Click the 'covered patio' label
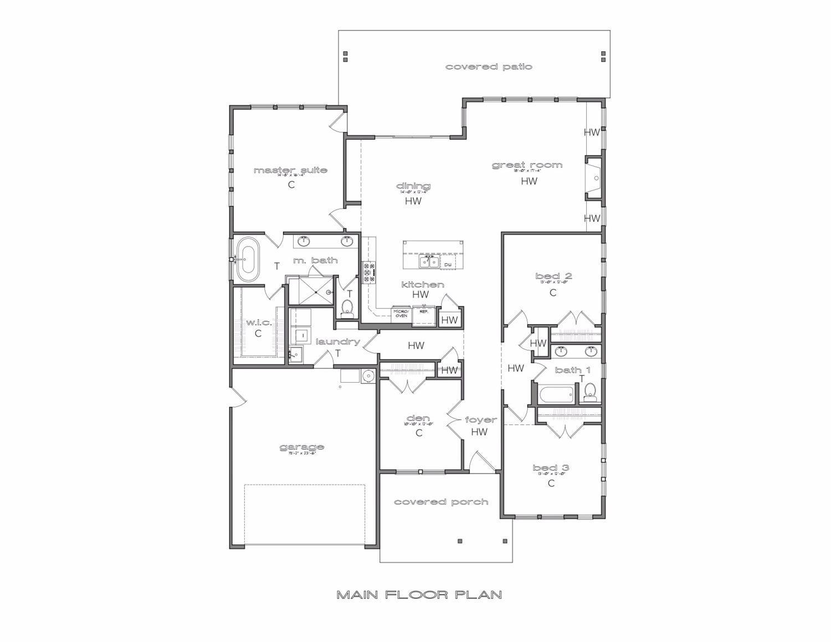pos(489,67)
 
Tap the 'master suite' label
pos(290,170)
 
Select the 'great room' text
pos(527,165)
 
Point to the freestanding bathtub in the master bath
pos(247,259)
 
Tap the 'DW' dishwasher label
pos(448,265)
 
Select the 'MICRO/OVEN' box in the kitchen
pos(401,313)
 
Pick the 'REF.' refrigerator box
pos(424,312)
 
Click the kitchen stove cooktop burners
pos(369,272)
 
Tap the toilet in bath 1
pos(590,392)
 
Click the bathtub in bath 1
pos(556,394)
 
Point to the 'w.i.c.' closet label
pos(258,322)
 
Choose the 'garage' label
pos(301,447)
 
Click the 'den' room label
pos(418,418)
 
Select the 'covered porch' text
pos(441,502)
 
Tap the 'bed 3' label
pos(551,468)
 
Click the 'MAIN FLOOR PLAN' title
pos(419,595)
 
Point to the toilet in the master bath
pos(347,307)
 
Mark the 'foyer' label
pos(480,420)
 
